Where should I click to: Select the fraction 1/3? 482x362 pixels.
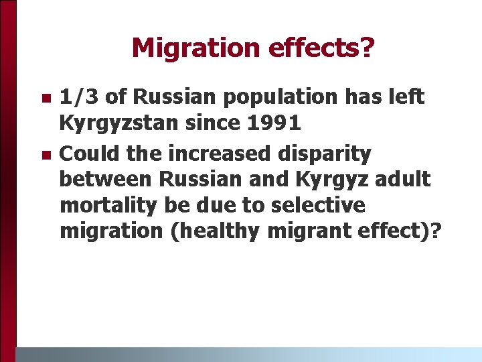[80, 97]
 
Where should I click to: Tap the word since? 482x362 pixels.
[202, 123]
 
